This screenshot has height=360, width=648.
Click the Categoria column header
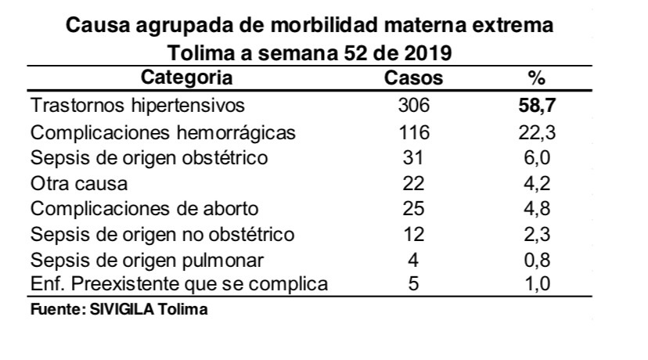[x=187, y=78]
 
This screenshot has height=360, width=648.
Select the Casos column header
[x=414, y=78]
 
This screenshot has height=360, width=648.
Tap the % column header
[x=536, y=78]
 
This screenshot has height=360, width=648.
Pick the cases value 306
[x=414, y=106]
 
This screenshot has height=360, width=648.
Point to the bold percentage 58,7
[x=536, y=106]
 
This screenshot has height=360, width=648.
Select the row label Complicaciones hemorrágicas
[x=163, y=132]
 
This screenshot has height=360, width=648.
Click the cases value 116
[x=414, y=132]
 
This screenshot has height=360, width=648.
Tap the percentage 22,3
[x=536, y=132]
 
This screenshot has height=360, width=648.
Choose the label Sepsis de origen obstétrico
[x=149, y=158]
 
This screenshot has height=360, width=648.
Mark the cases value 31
[x=414, y=158]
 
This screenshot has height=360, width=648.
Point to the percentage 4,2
[x=536, y=184]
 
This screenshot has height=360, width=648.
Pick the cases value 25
[x=414, y=210]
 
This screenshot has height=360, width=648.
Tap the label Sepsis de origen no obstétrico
[x=162, y=234]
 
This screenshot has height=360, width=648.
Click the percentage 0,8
[x=536, y=260]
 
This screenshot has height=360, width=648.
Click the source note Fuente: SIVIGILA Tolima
[x=119, y=309]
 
